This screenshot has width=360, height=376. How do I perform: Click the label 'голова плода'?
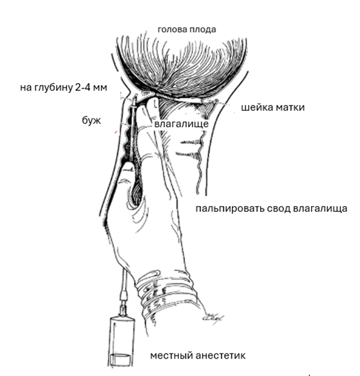click(187, 30)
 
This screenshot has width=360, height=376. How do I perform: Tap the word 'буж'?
click(91, 120)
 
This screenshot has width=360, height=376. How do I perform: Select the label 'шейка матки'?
click(272, 107)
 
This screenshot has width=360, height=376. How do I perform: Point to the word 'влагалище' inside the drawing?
click(182, 124)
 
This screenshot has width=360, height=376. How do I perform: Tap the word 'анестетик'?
click(221, 355)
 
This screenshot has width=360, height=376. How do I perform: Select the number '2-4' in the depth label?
click(82, 88)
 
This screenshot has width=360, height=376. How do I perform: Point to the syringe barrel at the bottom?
click(121, 342)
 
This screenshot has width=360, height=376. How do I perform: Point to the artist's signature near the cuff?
click(213, 318)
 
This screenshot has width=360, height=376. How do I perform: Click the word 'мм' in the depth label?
click(100, 88)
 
